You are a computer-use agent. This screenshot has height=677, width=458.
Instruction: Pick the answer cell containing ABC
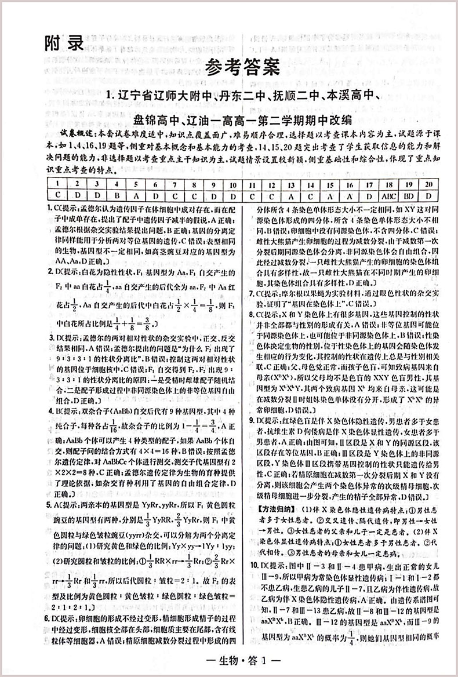click(389, 195)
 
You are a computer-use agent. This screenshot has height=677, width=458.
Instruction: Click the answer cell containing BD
click(409, 195)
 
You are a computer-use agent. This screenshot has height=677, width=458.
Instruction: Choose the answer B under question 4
click(116, 195)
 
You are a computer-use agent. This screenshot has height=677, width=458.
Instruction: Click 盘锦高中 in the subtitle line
click(156, 121)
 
